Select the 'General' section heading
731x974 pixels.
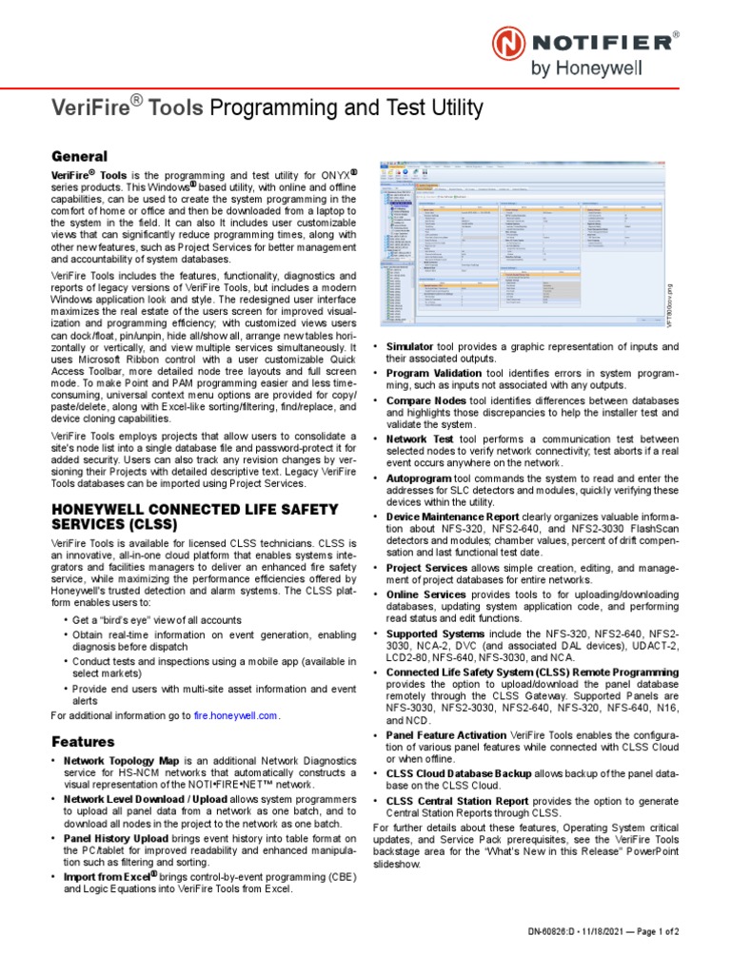pyautogui.click(x=78, y=156)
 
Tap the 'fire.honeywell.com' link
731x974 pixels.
pyautogui.click(x=236, y=714)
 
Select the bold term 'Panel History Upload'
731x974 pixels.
pyautogui.click(x=119, y=839)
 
